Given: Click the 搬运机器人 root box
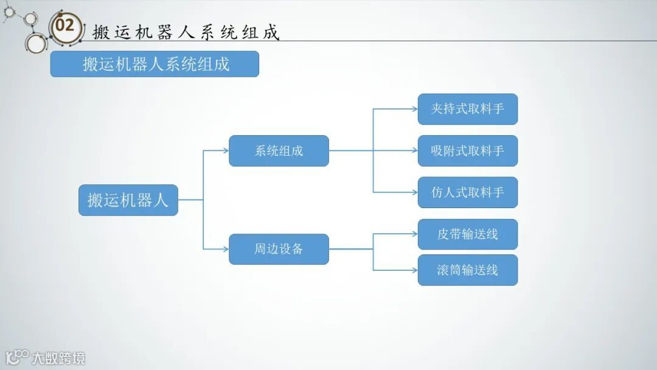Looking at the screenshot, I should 128,200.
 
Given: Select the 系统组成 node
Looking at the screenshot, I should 279,151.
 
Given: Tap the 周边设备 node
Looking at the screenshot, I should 279,249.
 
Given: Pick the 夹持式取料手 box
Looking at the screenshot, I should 467,109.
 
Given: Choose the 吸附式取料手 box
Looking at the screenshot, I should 467,151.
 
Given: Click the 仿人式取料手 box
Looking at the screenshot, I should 467,192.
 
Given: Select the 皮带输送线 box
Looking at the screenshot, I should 467,234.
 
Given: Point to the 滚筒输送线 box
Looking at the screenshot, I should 467,270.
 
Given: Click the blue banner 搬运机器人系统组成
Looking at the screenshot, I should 155,64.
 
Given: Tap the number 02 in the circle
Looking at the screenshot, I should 64,26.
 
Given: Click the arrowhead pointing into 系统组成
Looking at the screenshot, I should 225,151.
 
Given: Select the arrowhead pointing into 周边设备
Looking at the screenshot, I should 225,249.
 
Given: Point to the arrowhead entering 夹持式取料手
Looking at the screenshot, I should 414,109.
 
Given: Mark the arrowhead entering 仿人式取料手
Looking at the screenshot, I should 414,192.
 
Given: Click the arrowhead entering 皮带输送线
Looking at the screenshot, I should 414,234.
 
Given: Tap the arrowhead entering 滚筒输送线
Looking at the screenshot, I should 414,270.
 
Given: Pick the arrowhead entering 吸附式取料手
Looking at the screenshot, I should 414,151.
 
